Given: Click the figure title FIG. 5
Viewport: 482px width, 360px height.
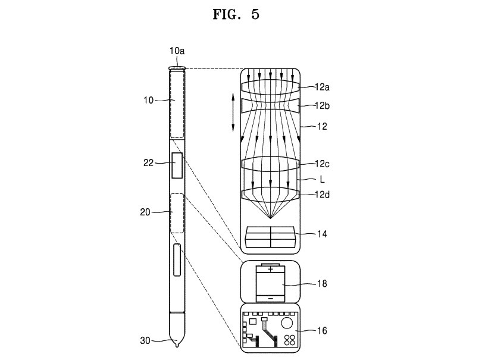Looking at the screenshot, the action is click(236, 14).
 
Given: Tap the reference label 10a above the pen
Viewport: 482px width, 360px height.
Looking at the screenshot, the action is click(177, 51).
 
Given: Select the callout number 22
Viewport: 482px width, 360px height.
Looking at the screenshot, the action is click(148, 162).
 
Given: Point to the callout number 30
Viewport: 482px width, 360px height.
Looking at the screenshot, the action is click(145, 340).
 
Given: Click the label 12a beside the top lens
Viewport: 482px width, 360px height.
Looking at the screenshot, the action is click(322, 87).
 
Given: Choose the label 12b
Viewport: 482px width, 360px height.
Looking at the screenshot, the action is click(322, 106).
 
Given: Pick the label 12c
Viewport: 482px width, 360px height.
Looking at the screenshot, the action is click(322, 164).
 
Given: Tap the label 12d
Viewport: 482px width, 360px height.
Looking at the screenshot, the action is click(322, 195).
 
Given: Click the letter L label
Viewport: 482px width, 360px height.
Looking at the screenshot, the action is click(322, 179).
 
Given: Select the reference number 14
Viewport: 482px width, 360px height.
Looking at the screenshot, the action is click(322, 234).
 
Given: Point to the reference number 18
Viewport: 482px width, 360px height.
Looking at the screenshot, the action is click(322, 283).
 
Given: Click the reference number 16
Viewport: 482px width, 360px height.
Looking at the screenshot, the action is click(322, 330).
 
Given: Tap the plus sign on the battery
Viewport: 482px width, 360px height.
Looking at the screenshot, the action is click(271, 270).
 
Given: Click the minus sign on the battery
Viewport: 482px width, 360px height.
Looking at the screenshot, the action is click(271, 298).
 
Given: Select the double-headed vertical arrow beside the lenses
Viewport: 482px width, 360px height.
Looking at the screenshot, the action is click(233, 112).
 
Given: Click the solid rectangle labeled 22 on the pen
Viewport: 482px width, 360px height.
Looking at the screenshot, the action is click(177, 165).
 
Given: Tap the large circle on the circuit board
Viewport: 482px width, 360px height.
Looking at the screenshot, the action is click(288, 324).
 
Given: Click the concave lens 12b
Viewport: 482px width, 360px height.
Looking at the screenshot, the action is click(271, 106).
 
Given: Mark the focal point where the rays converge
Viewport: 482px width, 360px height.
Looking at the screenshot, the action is click(270, 218).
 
